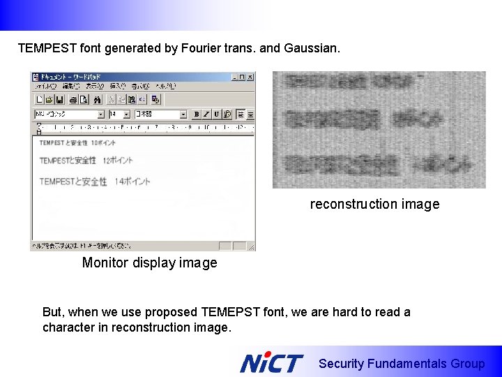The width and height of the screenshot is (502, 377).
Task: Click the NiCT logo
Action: click(271, 363)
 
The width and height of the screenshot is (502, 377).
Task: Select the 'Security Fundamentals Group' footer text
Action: click(401, 364)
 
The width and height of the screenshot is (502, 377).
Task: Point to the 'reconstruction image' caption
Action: click(374, 204)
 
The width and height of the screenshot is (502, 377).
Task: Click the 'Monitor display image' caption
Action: click(149, 263)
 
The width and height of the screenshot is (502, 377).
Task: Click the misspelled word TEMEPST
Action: click(229, 312)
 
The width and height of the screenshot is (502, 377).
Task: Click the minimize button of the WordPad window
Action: click(234, 77)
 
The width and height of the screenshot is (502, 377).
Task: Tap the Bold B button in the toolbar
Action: click(197, 114)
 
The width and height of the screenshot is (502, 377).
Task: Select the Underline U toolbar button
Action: click(216, 114)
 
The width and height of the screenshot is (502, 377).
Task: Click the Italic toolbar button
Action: click(206, 114)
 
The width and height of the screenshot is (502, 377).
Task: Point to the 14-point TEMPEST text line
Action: click(95, 182)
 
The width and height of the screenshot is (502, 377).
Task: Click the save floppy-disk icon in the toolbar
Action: click(60, 99)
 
